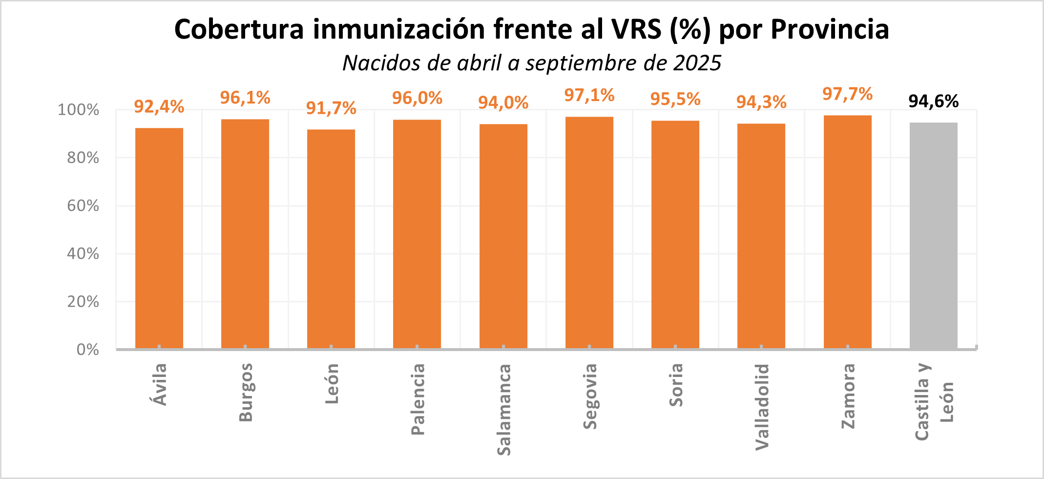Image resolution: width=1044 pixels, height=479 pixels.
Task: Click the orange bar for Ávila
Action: (159, 238)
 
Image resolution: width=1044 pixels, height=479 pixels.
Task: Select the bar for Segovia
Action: (589, 232)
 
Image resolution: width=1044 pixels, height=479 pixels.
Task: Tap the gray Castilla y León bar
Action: (933, 235)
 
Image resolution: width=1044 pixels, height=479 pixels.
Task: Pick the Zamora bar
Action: (847, 232)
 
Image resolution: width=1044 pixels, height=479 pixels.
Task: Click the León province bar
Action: (331, 239)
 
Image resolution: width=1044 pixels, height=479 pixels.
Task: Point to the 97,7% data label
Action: (847, 94)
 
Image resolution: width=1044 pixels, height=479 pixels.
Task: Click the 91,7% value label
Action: (331, 108)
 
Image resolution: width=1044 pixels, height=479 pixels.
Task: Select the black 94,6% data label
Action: (933, 101)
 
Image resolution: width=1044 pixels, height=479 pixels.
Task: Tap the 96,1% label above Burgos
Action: (245, 98)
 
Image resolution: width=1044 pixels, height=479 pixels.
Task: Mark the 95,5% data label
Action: (675, 99)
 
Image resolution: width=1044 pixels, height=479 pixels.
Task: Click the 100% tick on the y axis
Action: (79, 110)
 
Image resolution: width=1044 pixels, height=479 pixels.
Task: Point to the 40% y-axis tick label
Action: (83, 253)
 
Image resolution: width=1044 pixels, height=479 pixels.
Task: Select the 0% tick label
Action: (88, 350)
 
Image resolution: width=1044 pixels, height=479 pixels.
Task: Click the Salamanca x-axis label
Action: (503, 409)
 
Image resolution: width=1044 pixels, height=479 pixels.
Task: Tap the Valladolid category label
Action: (762, 406)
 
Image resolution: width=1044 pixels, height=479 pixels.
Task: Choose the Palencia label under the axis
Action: (418, 399)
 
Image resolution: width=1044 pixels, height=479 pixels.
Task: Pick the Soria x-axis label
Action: (676, 385)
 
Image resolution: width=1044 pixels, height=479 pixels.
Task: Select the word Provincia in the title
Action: (830, 29)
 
